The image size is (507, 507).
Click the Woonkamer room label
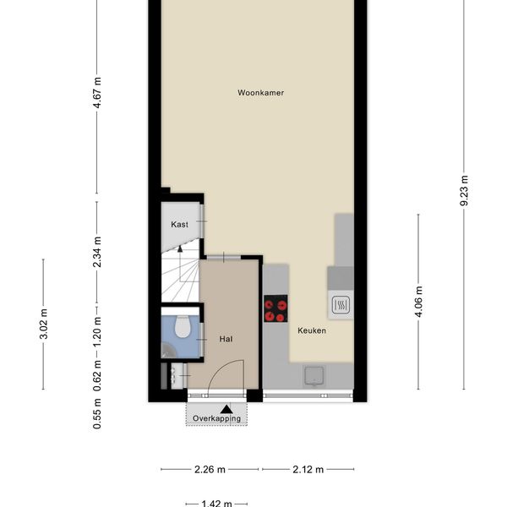[260, 93]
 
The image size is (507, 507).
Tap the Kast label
[179, 224]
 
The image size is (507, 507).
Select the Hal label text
[226, 339]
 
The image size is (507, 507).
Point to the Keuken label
[312, 330]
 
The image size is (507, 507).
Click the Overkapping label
[216, 418]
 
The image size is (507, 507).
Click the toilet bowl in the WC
[183, 326]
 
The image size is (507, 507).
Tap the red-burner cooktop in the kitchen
[275, 308]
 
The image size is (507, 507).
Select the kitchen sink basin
[313, 376]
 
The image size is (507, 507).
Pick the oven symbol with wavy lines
[341, 304]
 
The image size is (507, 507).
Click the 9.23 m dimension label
[464, 190]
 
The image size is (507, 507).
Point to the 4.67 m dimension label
[97, 92]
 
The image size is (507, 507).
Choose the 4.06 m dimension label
[418, 302]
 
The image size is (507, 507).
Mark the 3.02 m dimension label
[43, 324]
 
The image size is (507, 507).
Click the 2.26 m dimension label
[210, 469]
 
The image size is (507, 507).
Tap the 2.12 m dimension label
[308, 469]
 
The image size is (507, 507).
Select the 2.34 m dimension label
[97, 252]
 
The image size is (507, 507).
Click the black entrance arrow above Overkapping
[226, 409]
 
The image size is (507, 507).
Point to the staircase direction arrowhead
[180, 248]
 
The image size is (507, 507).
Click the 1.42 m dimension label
[216, 504]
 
